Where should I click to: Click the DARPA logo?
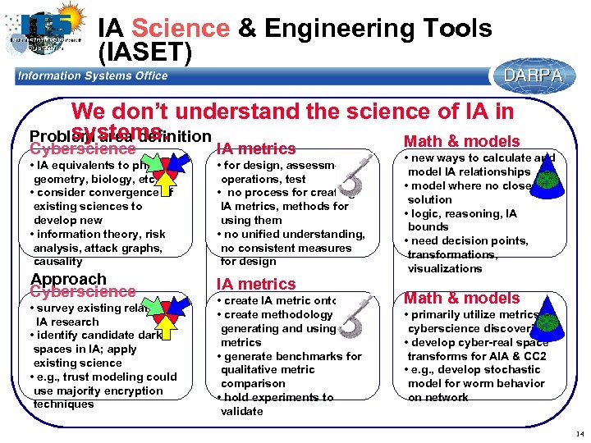[533, 75]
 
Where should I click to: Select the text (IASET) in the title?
[144, 53]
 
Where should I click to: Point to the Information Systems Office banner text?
[93, 75]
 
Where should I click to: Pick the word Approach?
[68, 279]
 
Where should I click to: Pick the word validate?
[241, 412]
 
